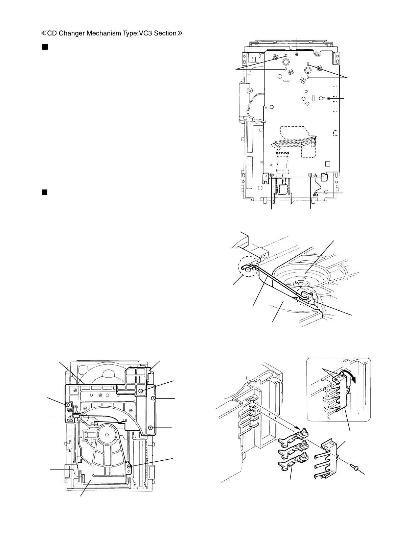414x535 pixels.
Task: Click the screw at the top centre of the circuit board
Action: [297, 54]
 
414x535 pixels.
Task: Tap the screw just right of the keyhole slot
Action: [328, 98]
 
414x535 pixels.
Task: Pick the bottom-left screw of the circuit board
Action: [272, 175]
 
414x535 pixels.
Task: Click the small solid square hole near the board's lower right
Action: [327, 164]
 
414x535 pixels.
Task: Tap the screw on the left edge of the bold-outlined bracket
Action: [68, 405]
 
